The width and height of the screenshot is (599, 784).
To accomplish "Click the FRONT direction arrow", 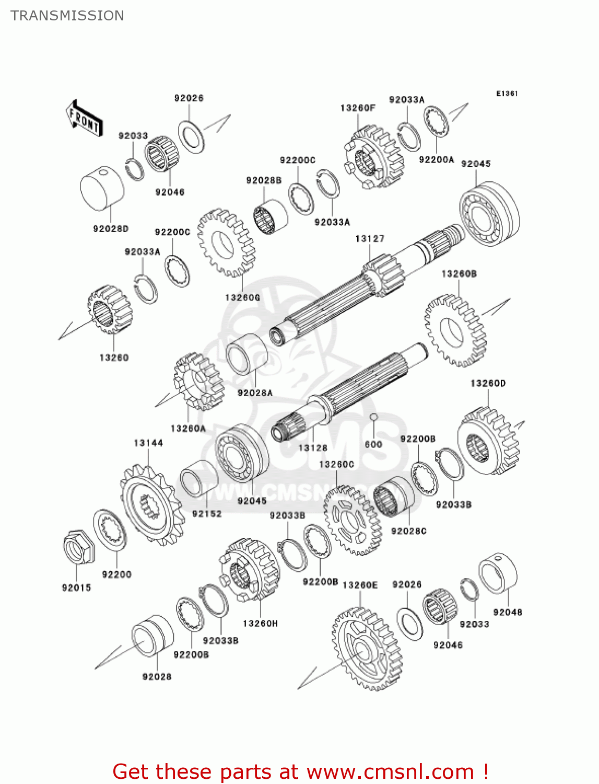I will click(84, 119).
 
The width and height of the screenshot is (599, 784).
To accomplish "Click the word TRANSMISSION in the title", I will click(67, 16).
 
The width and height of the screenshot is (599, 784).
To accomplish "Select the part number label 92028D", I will click(111, 228).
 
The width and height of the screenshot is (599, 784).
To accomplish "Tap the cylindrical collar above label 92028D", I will click(102, 188).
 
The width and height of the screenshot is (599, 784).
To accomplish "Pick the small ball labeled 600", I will click(374, 417).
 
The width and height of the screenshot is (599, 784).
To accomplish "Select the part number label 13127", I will click(370, 239).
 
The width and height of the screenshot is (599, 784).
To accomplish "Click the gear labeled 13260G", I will click(226, 243).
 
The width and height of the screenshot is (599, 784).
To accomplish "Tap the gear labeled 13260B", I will click(455, 330).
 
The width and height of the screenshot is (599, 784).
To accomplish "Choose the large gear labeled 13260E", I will click(367, 649).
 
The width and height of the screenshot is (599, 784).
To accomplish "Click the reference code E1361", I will click(507, 94).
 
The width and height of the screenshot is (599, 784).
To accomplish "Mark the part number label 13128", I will click(313, 448).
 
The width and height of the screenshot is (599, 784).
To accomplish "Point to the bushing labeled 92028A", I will click(246, 354).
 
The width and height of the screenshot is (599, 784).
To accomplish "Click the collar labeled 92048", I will click(498, 573).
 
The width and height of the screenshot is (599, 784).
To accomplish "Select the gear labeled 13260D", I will click(488, 441).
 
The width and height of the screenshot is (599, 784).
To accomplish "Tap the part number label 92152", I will click(207, 514).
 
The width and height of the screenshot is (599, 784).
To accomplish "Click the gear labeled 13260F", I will click(374, 156).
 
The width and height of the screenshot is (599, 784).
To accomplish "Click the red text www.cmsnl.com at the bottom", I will click(390, 772).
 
